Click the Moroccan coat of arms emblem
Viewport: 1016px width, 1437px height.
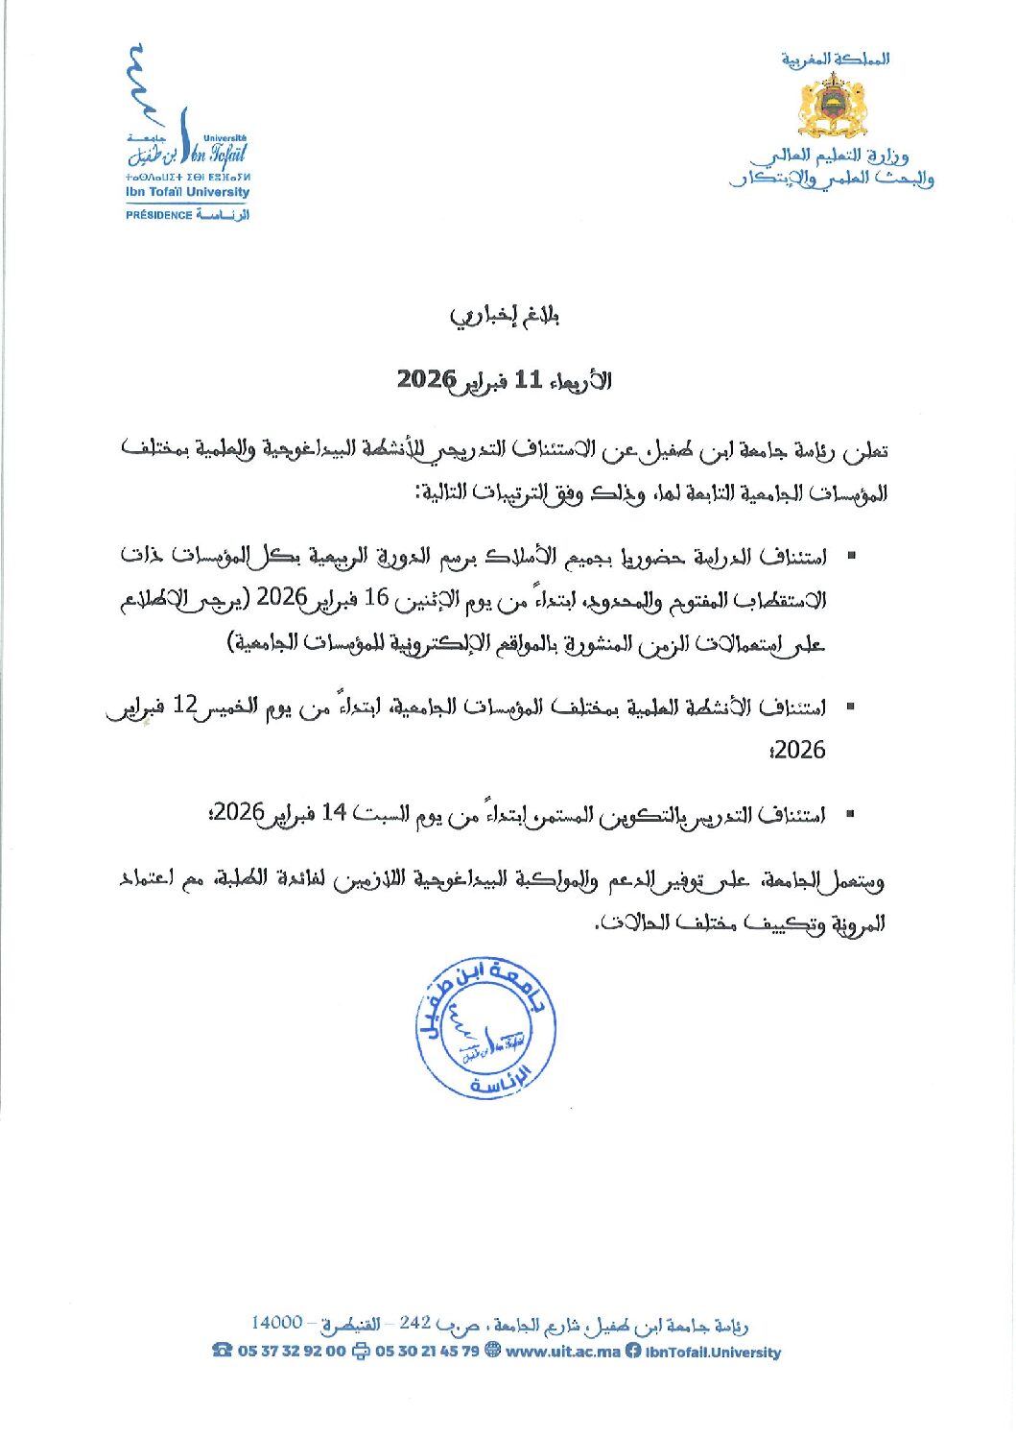(833, 106)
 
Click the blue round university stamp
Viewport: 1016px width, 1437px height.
(485, 1028)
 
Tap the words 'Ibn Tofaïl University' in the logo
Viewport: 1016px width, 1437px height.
(187, 192)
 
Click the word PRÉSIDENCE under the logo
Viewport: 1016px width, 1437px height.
(158, 215)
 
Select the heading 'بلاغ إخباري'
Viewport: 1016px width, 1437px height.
(505, 316)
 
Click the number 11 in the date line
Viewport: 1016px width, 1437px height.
(529, 379)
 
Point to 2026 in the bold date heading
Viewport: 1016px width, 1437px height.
(426, 379)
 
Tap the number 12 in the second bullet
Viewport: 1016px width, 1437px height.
(184, 707)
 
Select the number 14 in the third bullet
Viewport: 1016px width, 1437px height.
(333, 813)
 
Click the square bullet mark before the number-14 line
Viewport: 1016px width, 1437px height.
(849, 814)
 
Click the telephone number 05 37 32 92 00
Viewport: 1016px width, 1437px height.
(292, 1351)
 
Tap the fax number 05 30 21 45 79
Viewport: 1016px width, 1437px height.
(427, 1351)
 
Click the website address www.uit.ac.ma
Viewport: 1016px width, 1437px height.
(562, 1351)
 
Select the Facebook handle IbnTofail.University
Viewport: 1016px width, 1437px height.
(713, 1352)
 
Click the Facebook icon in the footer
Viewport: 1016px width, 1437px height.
(633, 1351)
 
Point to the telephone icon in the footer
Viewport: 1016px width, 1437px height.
(223, 1351)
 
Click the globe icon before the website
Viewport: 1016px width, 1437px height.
(493, 1351)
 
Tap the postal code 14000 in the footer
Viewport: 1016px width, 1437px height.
(277, 1323)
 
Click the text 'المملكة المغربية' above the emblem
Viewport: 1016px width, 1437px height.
(835, 60)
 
